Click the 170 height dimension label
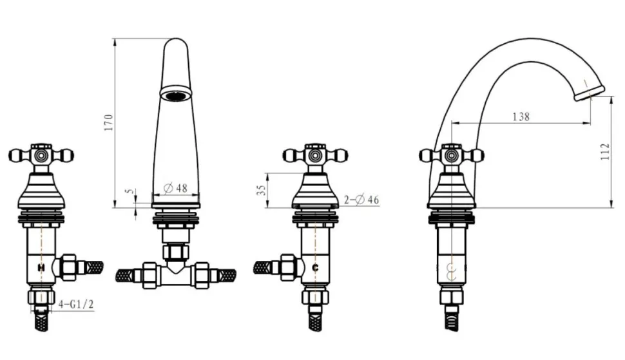click(x=108, y=122)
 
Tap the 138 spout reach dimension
click(x=521, y=117)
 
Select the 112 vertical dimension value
click(x=605, y=152)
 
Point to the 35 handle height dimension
click(x=261, y=190)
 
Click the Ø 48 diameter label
click(x=176, y=188)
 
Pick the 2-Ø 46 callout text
click(x=361, y=199)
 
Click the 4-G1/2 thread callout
click(x=76, y=305)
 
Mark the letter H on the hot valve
click(x=41, y=268)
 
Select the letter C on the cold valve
click(x=315, y=268)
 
